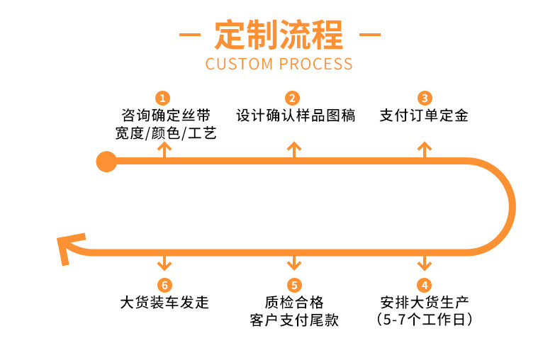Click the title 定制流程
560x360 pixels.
click(279, 34)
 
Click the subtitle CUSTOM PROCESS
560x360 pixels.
click(279, 64)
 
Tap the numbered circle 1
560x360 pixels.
click(164, 98)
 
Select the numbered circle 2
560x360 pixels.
click(294, 98)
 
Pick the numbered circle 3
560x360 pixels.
click(424, 98)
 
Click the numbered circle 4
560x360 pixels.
click(424, 286)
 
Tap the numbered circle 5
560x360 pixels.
click(294, 286)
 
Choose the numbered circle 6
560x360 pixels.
click(164, 286)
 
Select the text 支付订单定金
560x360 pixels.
click(424, 116)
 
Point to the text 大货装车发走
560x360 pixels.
click(164, 303)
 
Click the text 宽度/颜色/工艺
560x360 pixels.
click(165, 133)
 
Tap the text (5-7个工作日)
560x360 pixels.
click(424, 320)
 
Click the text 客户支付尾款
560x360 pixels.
click(294, 320)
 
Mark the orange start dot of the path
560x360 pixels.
click(106, 162)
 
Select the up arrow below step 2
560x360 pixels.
click(294, 150)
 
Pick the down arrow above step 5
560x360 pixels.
click(294, 263)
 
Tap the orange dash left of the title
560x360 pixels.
click(189, 34)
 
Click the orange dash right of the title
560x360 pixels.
click(369, 34)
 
